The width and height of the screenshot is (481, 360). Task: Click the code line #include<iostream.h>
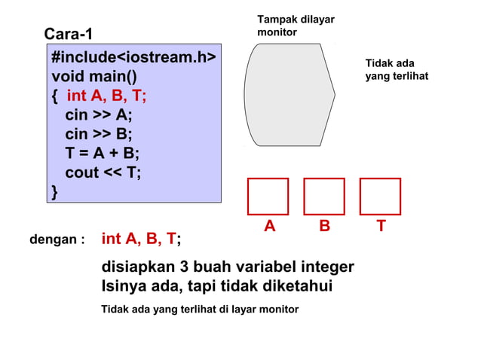[x=133, y=58]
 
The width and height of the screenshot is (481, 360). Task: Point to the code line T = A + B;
[x=103, y=154]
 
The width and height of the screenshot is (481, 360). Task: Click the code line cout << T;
[x=103, y=172]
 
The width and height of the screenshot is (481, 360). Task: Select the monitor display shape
[x=289, y=94]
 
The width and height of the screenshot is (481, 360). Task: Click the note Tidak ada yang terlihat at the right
[x=396, y=70]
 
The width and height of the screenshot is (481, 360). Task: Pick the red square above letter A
[x=268, y=197]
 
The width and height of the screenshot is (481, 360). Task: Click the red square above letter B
[x=324, y=197]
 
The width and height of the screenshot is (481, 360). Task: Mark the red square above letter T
[x=380, y=197]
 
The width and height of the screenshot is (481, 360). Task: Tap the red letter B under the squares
[x=324, y=225]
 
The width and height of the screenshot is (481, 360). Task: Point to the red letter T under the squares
[x=381, y=225]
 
